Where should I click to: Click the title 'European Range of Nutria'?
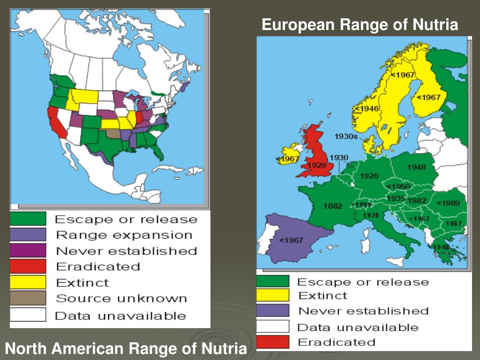click(x=360, y=24)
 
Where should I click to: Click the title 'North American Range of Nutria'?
click(x=126, y=348)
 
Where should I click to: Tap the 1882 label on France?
click(x=333, y=206)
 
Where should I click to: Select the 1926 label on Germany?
click(x=369, y=176)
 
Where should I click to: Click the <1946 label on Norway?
click(x=367, y=109)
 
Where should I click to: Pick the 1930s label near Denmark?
click(x=346, y=136)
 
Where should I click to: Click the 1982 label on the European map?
click(x=417, y=201)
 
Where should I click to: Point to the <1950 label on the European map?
click(x=398, y=187)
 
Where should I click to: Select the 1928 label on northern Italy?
click(x=370, y=215)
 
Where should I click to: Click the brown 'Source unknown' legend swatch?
click(x=28, y=298)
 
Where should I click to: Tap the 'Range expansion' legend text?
click(x=124, y=235)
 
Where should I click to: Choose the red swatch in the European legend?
click(x=273, y=342)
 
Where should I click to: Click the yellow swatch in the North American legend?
click(x=28, y=282)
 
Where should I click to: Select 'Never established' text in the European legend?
click(x=363, y=311)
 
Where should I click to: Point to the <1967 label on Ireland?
click(x=287, y=159)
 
